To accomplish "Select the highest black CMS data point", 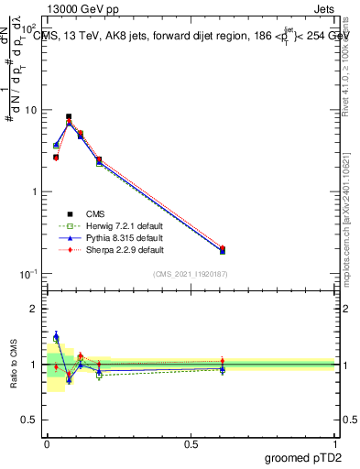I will (x=69, y=116).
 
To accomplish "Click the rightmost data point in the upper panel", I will (x=223, y=249).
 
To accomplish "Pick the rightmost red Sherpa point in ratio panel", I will (x=223, y=361).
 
